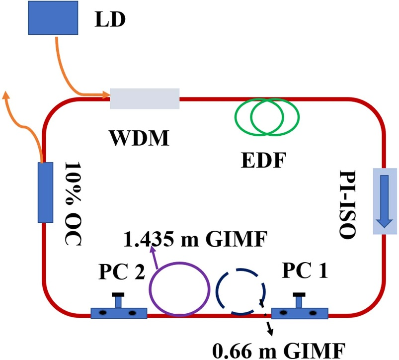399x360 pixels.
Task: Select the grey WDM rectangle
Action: coord(144,98)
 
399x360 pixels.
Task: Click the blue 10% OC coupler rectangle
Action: coord(45,192)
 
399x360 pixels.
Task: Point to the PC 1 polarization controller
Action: coord(299,312)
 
